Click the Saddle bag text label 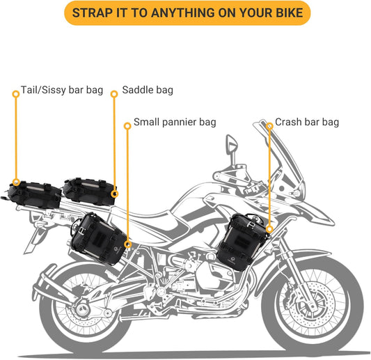148,91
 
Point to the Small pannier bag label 175,122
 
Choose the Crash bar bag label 307,122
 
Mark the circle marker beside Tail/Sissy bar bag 14,91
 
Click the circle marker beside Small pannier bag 127,126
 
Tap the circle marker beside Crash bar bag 269,126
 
